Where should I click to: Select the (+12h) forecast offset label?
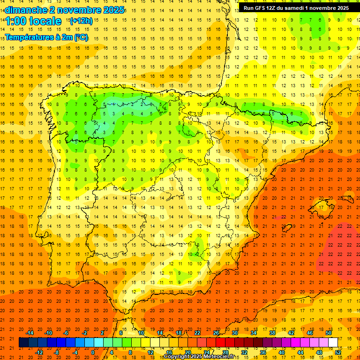81,21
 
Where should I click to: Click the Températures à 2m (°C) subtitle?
46,37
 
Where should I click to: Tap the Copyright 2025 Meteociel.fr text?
199,357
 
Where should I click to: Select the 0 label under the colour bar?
93,352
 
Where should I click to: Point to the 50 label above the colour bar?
329,333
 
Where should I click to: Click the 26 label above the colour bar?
216,333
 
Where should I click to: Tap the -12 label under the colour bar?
39,352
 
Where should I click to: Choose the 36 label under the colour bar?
263,352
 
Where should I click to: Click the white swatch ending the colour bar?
333,343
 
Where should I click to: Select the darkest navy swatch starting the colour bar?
24,343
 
